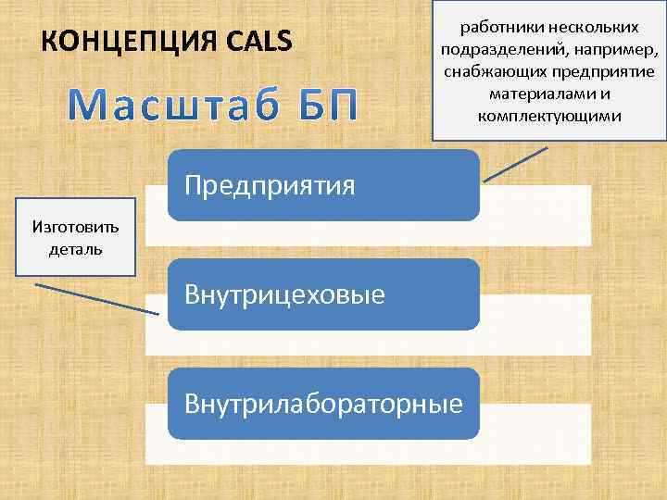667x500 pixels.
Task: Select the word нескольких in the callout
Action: click(x=591, y=28)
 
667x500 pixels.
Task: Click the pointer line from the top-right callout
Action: click(x=514, y=163)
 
